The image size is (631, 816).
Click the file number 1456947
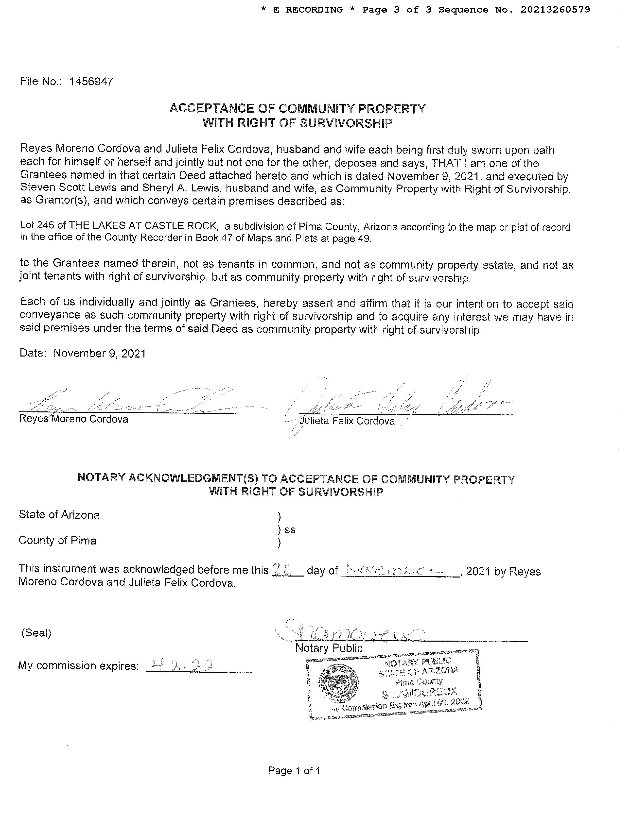pyautogui.click(x=91, y=82)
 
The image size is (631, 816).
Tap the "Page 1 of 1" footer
pyautogui.click(x=294, y=771)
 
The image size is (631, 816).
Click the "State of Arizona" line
pyautogui.click(x=59, y=515)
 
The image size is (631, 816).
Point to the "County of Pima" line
pyautogui.click(x=58, y=541)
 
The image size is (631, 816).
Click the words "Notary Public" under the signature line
pyautogui.click(x=329, y=648)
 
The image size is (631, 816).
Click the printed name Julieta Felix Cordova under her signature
pyautogui.click(x=347, y=421)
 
